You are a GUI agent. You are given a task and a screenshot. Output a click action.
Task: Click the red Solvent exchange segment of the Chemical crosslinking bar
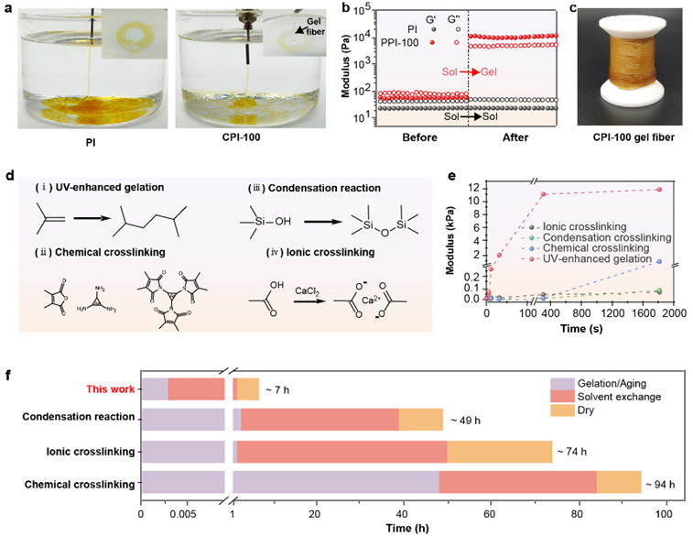click(517, 483)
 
